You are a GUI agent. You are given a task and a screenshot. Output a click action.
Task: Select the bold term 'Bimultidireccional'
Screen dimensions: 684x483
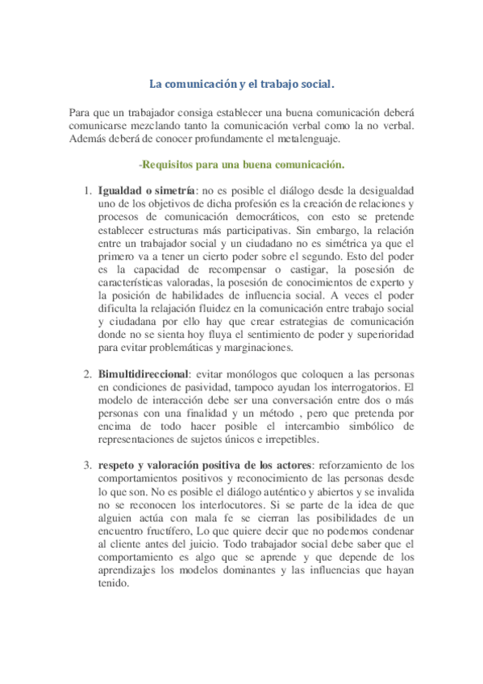point(143,375)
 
